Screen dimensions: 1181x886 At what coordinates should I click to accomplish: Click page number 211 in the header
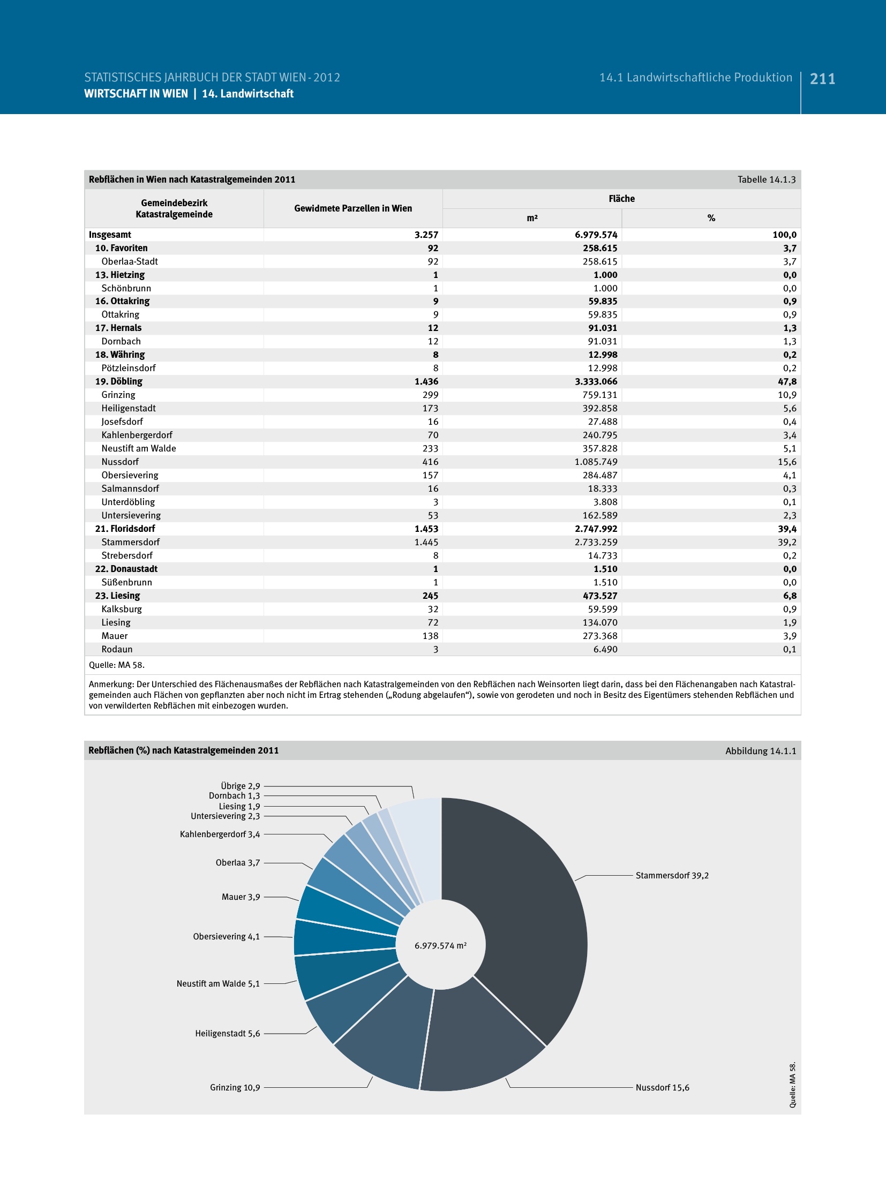(x=822, y=79)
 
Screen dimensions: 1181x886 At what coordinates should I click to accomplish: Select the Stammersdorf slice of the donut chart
(x=530, y=911)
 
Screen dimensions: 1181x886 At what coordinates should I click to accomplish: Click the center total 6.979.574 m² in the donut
(x=440, y=946)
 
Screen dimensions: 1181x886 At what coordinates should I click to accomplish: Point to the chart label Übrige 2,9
(x=240, y=786)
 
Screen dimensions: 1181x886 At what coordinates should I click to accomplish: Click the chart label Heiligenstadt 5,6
(x=227, y=1033)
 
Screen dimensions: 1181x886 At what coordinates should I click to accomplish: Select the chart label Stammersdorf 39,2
(x=672, y=875)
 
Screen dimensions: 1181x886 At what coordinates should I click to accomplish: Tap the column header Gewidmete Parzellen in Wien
(x=353, y=208)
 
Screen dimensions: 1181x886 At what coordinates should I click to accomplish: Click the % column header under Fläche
(x=711, y=218)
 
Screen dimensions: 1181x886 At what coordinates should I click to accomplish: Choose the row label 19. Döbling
(x=119, y=381)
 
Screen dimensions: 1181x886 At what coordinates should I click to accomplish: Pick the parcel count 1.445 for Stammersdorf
(x=426, y=542)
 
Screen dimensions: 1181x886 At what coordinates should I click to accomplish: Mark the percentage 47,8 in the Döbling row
(x=787, y=381)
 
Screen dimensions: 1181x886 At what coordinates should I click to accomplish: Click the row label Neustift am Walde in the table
(x=139, y=448)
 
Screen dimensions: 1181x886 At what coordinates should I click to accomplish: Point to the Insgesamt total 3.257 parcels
(x=426, y=235)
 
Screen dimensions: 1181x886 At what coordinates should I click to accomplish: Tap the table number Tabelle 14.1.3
(x=766, y=179)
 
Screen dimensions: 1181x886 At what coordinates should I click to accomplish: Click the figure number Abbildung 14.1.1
(x=760, y=751)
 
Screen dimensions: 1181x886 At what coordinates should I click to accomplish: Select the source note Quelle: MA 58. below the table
(x=117, y=665)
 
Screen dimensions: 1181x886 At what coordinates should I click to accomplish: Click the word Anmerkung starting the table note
(x=111, y=684)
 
